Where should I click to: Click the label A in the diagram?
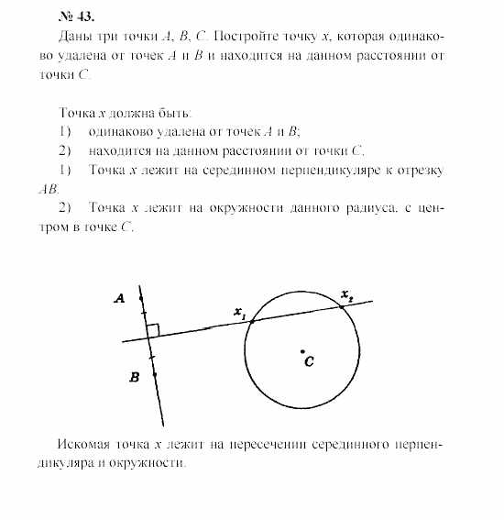pos(120,297)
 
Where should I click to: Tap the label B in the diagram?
pos(134,377)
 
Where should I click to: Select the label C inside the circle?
pos(310,362)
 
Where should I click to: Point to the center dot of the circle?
pos(302,350)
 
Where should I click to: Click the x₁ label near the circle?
pos(240,314)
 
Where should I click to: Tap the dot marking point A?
pos(140,298)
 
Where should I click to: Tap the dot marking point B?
pos(154,374)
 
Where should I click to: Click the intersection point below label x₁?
pos(253,320)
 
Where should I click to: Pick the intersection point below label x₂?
pos(343,306)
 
